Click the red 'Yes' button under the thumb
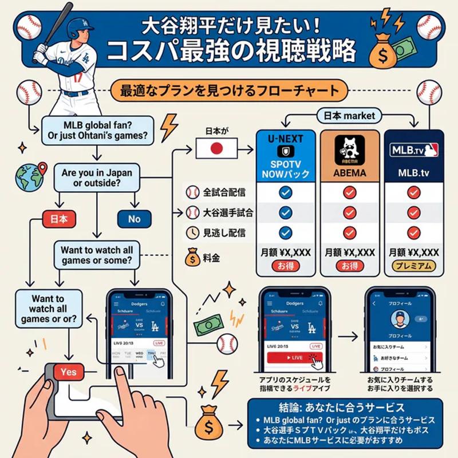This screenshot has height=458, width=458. [68, 372]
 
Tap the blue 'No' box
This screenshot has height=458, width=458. [134, 219]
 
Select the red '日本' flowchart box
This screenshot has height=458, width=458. [60, 219]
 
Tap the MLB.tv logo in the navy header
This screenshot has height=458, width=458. [414, 151]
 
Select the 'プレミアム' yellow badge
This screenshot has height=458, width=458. [413, 266]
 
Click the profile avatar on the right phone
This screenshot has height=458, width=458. [397, 318]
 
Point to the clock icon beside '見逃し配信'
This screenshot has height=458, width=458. [193, 232]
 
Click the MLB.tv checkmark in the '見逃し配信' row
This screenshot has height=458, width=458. [413, 232]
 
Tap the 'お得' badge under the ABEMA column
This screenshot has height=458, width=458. [349, 266]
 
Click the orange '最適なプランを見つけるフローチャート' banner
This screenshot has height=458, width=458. [230, 90]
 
